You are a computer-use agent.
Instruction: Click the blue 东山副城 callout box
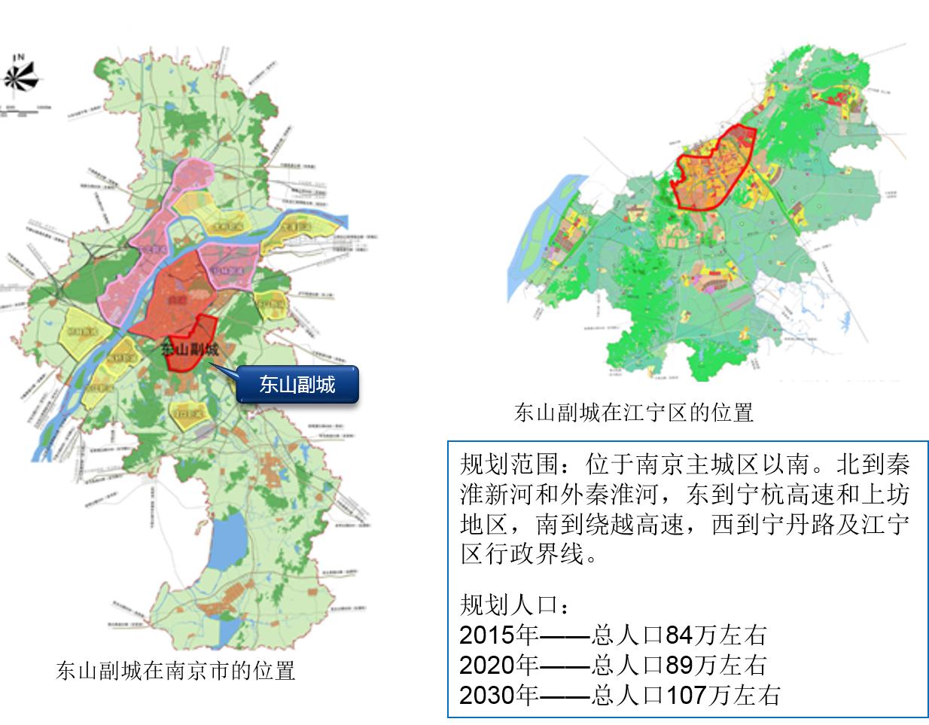[x=297, y=385]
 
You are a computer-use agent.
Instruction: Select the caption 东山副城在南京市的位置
[x=175, y=670]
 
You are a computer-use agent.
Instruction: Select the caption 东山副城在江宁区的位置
[x=634, y=412]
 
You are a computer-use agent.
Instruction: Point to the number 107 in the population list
[x=685, y=694]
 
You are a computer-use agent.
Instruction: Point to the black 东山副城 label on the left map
[x=190, y=349]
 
